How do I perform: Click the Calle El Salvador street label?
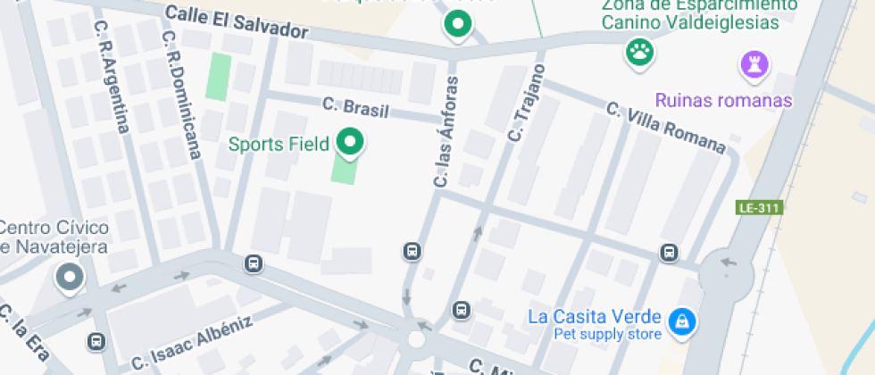237,22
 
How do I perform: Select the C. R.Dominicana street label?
180,96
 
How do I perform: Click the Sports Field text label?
279,143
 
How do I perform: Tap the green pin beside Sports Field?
348,142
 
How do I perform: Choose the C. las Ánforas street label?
446,131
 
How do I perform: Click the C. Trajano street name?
525,104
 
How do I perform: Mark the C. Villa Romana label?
665,127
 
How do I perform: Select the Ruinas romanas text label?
723,100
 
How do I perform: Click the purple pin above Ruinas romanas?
754,64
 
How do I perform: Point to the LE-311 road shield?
759,208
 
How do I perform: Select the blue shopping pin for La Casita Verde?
682,321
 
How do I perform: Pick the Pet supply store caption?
608,335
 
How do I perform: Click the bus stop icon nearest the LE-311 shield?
669,253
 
